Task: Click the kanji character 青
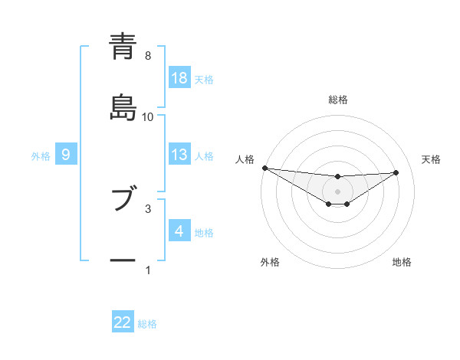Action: click(123, 47)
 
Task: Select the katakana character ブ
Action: click(123, 200)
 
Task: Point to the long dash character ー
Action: click(123, 261)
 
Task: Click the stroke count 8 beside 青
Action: click(148, 56)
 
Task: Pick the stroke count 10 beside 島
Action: click(148, 117)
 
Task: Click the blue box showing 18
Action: click(179, 78)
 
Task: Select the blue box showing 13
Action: click(179, 155)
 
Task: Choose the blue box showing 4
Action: click(179, 231)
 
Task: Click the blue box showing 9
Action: click(66, 155)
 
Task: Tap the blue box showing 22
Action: click(123, 323)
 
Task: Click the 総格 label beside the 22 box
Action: click(147, 324)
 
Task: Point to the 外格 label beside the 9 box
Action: click(41, 156)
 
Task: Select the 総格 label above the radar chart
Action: click(338, 100)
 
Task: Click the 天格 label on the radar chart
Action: click(432, 159)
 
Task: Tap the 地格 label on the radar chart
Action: click(402, 262)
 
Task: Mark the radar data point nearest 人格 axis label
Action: click(264, 168)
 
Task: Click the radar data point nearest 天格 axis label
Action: click(396, 172)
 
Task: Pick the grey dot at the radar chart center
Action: click(338, 191)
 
